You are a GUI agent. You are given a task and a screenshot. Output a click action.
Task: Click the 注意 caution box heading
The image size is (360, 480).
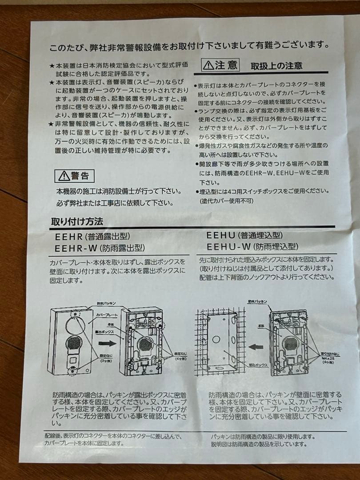[221, 65]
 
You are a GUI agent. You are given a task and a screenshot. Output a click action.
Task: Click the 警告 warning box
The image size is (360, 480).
[74, 176]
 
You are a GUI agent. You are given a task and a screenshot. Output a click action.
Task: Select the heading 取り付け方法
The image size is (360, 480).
[77, 221]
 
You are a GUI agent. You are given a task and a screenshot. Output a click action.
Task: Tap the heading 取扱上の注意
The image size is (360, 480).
[276, 66]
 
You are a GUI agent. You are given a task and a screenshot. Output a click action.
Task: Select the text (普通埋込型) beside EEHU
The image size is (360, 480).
[260, 235]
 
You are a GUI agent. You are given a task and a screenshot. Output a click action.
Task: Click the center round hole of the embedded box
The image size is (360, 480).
[216, 339]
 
